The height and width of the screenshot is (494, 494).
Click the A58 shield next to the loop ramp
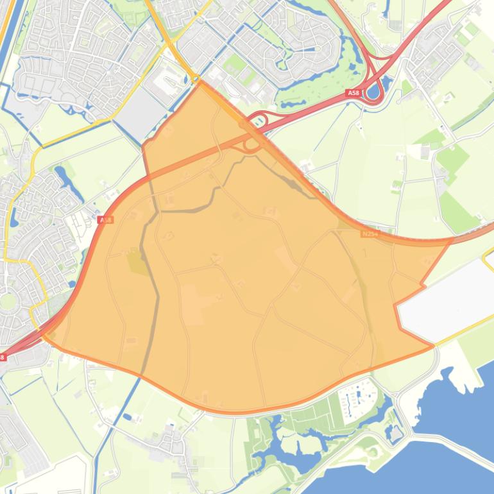[x=353, y=93]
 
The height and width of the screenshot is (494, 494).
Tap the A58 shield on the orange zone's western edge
[x=106, y=219]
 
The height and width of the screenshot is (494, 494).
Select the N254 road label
[x=370, y=234]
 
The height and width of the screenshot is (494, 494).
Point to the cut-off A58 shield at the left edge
[x=3, y=357]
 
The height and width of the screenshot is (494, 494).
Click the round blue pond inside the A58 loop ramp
[x=373, y=91]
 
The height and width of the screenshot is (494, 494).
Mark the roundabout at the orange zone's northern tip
[x=195, y=79]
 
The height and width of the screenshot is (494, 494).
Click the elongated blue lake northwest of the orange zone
[x=63, y=176]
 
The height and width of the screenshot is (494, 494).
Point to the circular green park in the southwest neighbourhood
[x=8, y=300]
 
